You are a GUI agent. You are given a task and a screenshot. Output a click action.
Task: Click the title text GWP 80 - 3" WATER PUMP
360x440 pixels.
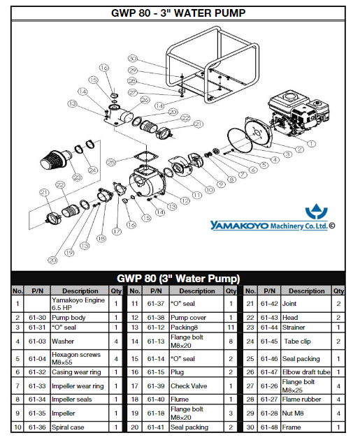pyautogui.click(x=178, y=13)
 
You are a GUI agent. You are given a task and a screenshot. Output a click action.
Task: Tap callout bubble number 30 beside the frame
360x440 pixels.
pyautogui.click(x=133, y=59)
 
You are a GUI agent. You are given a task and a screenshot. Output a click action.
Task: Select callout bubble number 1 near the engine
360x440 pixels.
pyautogui.click(x=311, y=144)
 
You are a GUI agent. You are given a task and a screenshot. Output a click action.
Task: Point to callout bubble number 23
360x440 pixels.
pyautogui.click(x=77, y=177)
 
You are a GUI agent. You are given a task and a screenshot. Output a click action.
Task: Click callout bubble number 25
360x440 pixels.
pyautogui.click(x=111, y=162)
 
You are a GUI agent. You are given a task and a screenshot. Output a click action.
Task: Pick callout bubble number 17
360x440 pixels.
pyautogui.click(x=117, y=231)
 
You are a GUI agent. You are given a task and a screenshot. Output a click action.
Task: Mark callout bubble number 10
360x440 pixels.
pyautogui.click(x=210, y=190)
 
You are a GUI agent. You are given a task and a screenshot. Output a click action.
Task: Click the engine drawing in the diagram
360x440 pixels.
pyautogui.click(x=298, y=115)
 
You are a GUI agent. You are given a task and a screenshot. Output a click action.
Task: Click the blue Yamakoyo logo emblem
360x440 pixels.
pyautogui.click(x=317, y=212)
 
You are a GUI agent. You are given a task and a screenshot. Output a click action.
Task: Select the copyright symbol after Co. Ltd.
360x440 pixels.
pyautogui.click(x=331, y=226)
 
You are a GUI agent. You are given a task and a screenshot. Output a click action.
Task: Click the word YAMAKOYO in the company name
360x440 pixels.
pyautogui.click(x=239, y=226)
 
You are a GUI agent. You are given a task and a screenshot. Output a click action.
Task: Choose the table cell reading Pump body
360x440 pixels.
pyautogui.click(x=69, y=318)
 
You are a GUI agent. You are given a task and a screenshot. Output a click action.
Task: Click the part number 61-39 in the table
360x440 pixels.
pyautogui.click(x=156, y=386)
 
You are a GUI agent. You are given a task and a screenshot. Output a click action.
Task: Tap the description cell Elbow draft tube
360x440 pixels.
pyautogui.click(x=306, y=372)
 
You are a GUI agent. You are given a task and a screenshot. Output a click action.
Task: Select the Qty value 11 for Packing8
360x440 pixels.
pyautogui.click(x=231, y=328)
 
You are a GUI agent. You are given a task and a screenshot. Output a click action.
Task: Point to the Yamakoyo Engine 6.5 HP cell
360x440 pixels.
pyautogui.click(x=78, y=304)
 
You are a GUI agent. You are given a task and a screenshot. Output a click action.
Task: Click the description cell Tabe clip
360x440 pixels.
pyautogui.click(x=297, y=342)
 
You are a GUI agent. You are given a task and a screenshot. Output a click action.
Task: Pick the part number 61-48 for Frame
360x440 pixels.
pyautogui.click(x=269, y=427)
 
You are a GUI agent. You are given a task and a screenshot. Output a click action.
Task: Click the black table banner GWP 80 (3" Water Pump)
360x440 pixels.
pyautogui.click(x=178, y=279)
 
